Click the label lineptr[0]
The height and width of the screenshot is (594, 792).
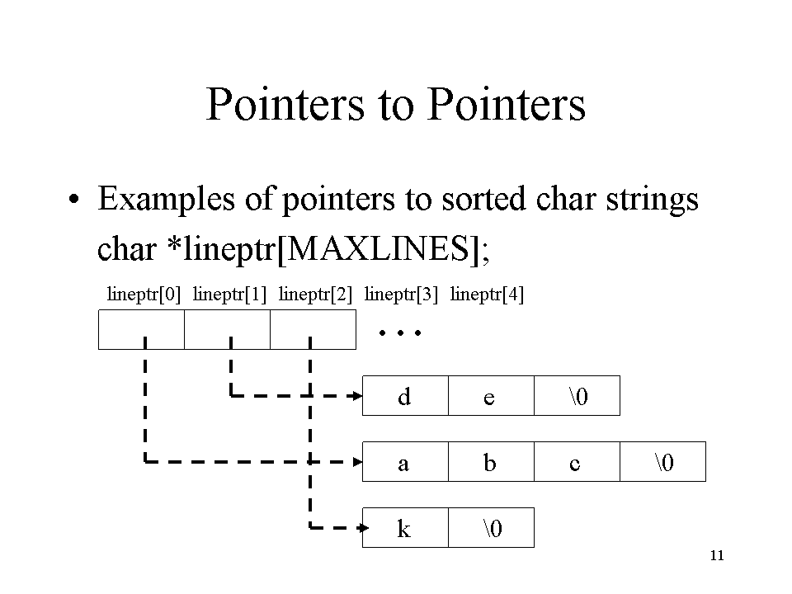point(144,294)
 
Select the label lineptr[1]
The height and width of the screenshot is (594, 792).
point(230,294)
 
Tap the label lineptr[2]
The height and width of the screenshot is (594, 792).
point(316,294)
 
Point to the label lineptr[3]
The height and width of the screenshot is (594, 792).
point(402,294)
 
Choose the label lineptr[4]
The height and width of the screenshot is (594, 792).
point(488,294)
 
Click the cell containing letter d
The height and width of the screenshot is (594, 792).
point(405,395)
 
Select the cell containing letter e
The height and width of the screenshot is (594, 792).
point(491,395)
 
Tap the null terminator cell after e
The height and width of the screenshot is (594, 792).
point(577,395)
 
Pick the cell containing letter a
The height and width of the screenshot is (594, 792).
point(405,462)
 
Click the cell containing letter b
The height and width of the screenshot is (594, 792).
point(491,462)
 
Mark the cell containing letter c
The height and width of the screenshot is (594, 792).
point(577,462)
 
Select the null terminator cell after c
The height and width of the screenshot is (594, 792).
point(662,462)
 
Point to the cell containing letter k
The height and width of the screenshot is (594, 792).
point(405,528)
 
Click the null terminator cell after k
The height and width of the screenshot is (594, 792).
point(491,528)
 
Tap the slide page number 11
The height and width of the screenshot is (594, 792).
point(717,555)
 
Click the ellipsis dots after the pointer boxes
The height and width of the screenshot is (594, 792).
point(400,332)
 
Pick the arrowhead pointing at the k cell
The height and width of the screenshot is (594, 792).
point(363,528)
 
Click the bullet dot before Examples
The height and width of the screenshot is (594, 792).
point(74,199)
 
